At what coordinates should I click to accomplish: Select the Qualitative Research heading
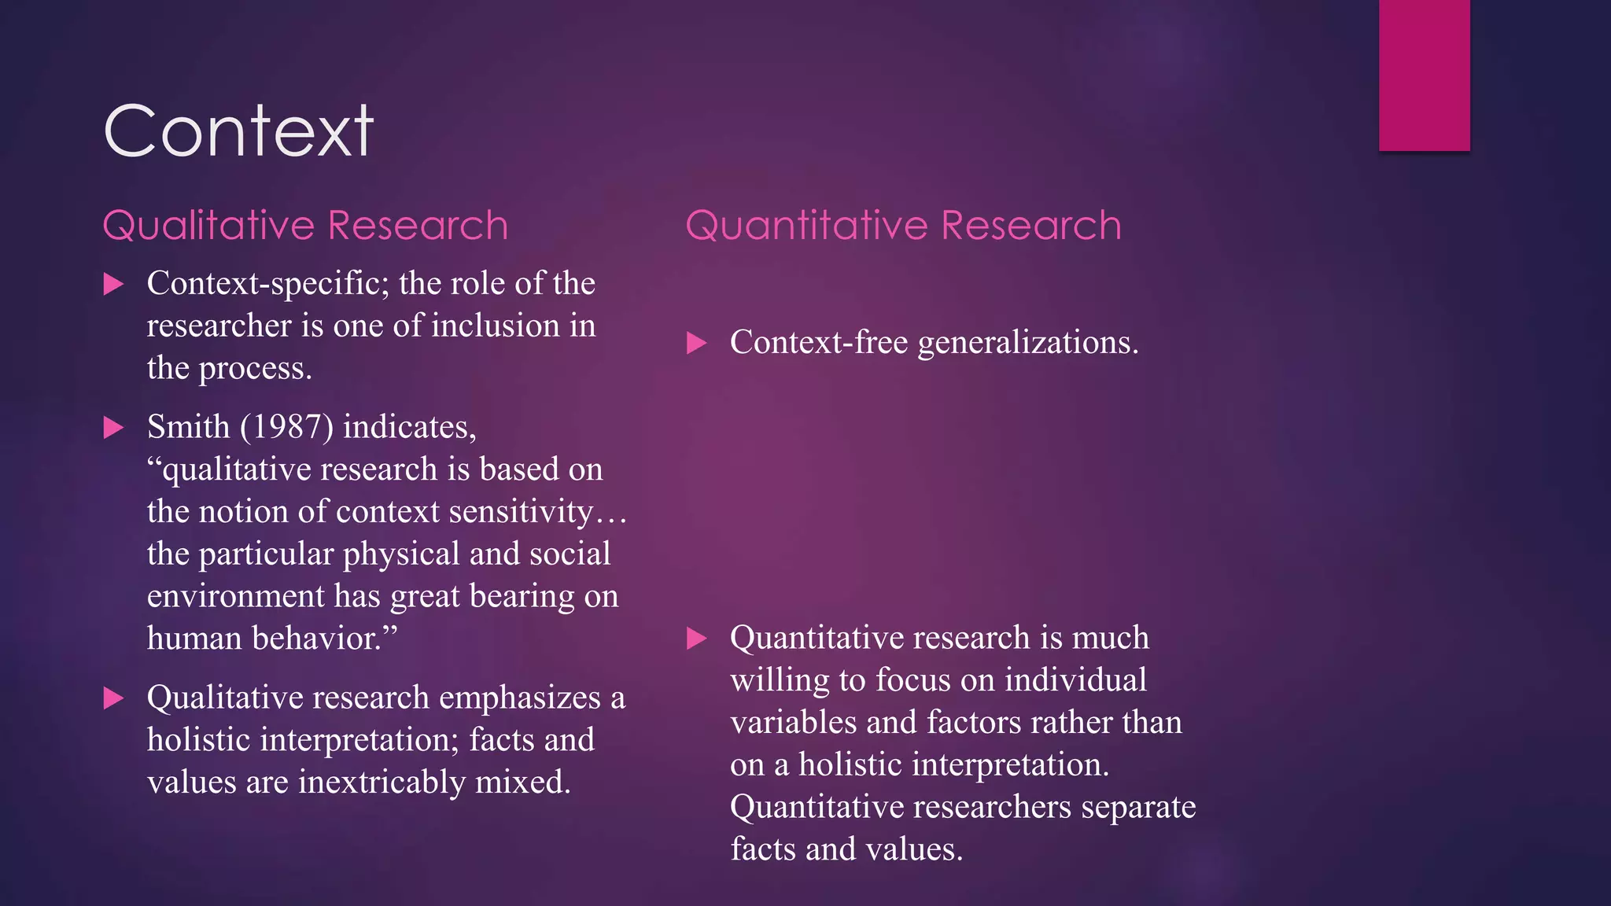305,226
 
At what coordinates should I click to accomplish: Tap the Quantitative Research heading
903,226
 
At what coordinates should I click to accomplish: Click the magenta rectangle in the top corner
1424,75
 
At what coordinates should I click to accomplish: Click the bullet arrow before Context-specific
114,284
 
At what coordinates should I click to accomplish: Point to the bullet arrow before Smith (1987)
114,428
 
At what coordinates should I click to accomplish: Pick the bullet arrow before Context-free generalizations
697,343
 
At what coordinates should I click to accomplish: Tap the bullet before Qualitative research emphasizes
114,698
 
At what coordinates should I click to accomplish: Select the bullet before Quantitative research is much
697,638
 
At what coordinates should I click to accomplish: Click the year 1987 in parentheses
287,427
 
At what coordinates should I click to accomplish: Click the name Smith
188,427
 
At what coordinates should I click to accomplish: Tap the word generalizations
1027,343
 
